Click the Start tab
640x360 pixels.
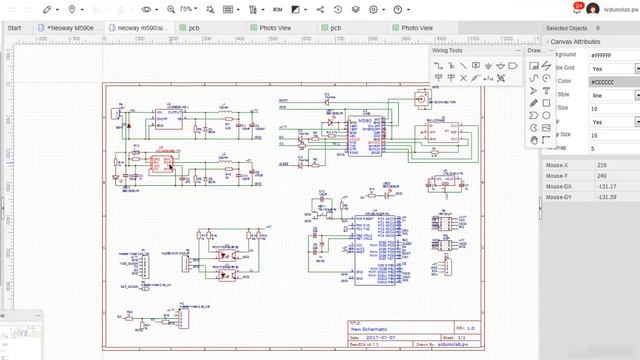tap(14, 28)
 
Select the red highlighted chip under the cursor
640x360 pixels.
tap(158, 159)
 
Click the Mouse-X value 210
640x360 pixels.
tap(602, 164)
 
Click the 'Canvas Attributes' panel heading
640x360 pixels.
tap(576, 42)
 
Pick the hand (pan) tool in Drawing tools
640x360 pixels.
tap(534, 140)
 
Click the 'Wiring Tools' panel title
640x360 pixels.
tap(448, 50)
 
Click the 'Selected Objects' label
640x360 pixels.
tap(567, 28)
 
